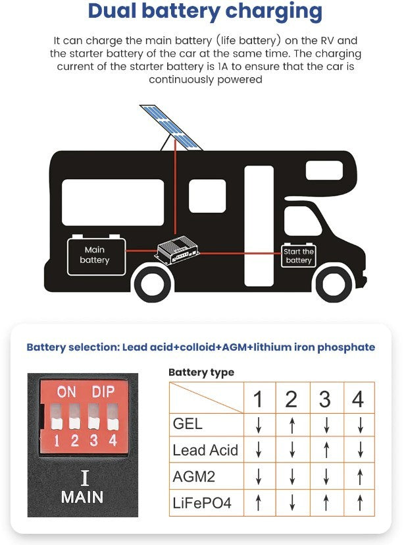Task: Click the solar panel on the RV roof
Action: click(171, 127)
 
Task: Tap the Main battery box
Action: click(96, 255)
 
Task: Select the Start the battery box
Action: click(299, 256)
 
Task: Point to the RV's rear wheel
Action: click(153, 283)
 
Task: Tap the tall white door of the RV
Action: click(259, 226)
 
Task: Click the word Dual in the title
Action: click(113, 11)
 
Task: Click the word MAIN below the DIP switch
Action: click(82, 497)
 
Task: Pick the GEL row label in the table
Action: click(188, 424)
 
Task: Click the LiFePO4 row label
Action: click(202, 503)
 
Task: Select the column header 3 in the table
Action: click(325, 399)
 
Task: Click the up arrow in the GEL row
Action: click(292, 425)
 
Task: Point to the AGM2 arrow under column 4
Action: click(360, 476)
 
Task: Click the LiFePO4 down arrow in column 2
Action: click(292, 503)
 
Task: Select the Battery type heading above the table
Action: click(201, 372)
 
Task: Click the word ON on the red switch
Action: click(66, 392)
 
